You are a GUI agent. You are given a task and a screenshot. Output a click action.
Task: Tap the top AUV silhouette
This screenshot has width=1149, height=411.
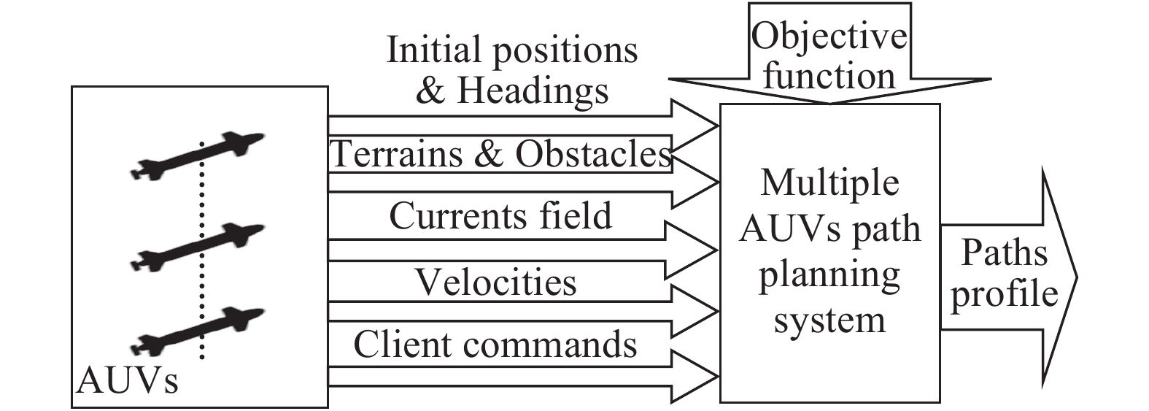tap(197, 155)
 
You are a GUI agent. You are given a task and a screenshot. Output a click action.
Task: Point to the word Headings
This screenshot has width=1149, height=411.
tap(533, 91)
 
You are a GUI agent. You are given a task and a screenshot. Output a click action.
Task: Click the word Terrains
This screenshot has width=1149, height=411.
tap(397, 154)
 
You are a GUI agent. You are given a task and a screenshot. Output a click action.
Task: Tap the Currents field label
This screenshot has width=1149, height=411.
tap(500, 216)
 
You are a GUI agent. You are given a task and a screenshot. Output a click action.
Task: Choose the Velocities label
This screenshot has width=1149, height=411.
tap(496, 283)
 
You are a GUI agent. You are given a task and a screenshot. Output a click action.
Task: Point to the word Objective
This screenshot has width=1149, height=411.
tap(829, 37)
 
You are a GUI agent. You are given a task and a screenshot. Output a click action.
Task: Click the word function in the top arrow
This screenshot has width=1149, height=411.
tap(829, 76)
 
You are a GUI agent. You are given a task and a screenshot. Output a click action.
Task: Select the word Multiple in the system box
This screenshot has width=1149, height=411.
tap(829, 183)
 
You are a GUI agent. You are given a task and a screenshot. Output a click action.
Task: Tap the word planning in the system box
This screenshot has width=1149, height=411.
tap(829, 275)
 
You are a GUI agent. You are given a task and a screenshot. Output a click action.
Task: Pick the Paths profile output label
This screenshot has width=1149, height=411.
tap(1004, 273)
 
